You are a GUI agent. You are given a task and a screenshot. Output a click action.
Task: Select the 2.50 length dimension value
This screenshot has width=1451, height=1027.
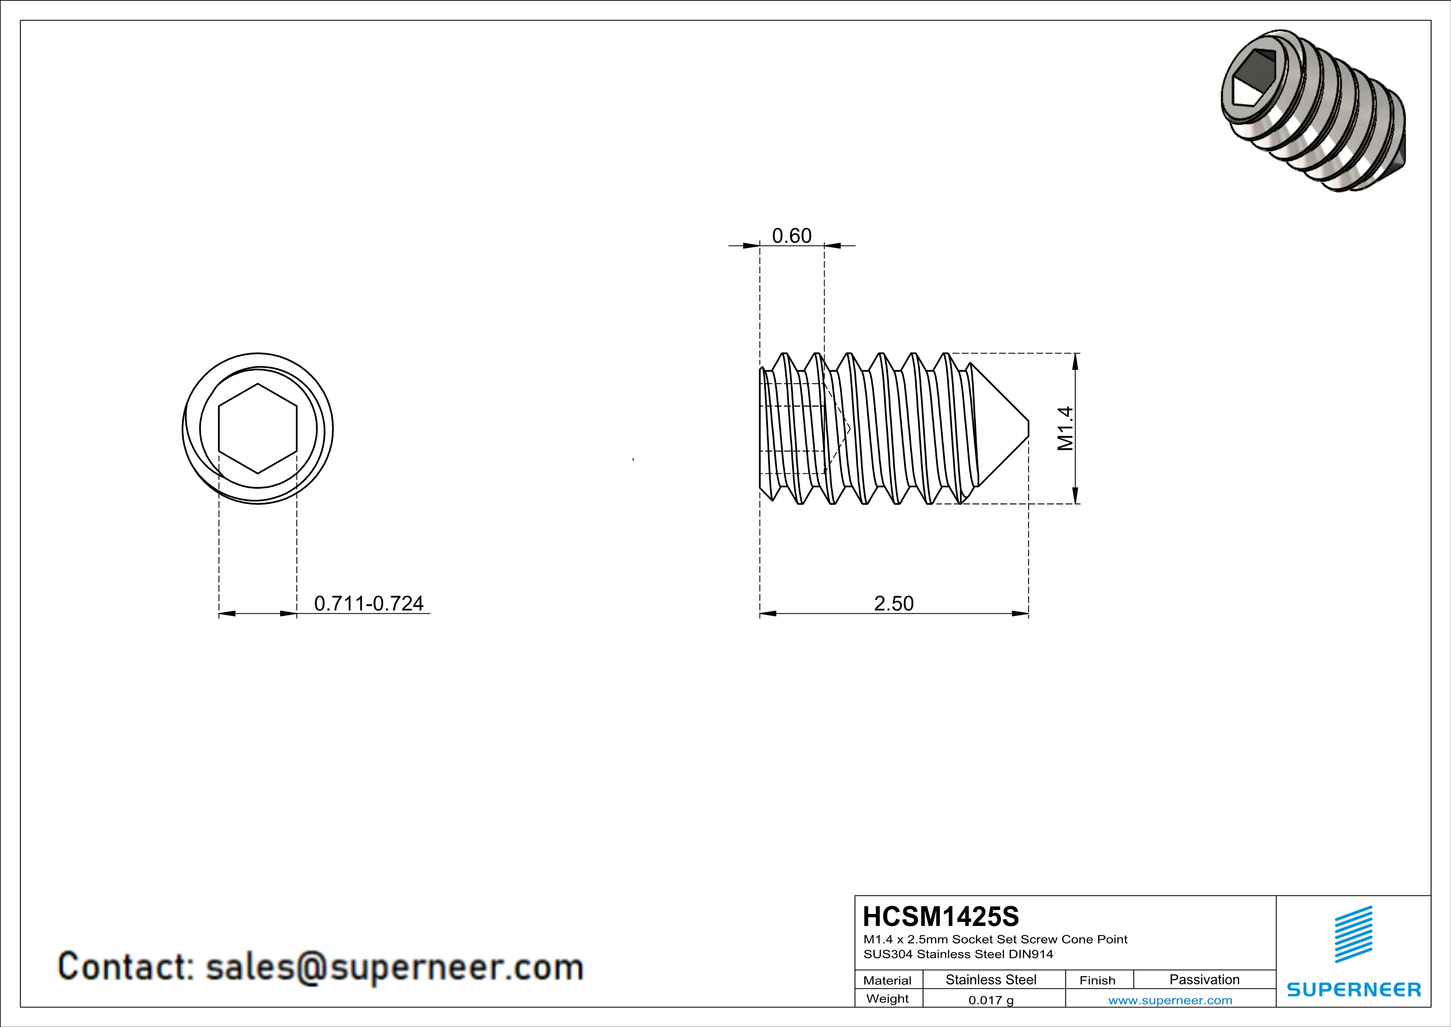[894, 603]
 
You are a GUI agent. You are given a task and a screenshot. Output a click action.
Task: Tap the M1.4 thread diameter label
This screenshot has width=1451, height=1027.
[1065, 428]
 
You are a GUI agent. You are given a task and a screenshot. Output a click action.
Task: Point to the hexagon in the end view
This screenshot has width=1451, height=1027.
[257, 429]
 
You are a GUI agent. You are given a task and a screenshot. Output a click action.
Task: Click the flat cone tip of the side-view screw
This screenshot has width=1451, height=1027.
[1028, 428]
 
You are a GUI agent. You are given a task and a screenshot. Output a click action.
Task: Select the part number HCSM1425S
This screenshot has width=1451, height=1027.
[940, 916]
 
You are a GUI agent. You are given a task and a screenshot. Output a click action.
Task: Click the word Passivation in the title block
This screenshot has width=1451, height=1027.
[1204, 979]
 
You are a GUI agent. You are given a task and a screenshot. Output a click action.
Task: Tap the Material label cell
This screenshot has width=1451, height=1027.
[887, 980]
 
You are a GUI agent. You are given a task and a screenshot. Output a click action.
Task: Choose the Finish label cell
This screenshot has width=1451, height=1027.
[1097, 980]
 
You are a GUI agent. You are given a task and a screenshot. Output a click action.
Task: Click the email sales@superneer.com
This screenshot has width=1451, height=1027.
[394, 967]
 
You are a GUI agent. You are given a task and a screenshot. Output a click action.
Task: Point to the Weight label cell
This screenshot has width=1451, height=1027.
[887, 998]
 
